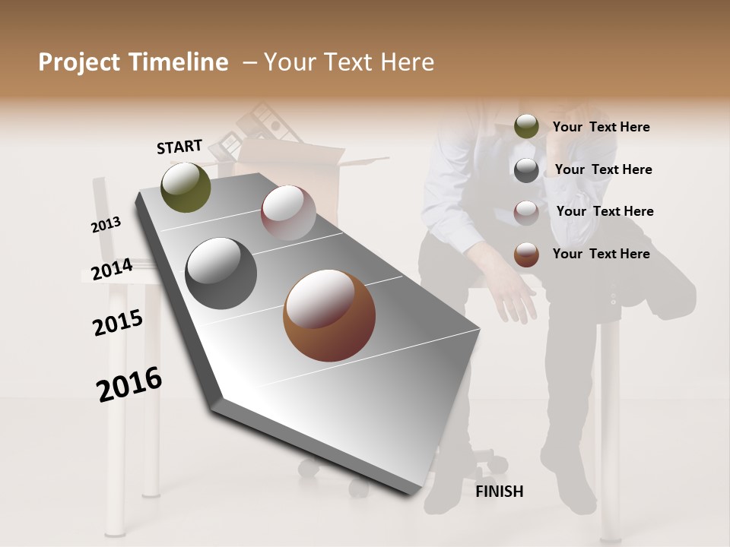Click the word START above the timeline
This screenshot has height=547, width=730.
tap(179, 147)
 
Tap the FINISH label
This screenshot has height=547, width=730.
tap(499, 492)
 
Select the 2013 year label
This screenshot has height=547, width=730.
tap(106, 224)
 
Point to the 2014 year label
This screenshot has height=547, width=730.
tap(112, 270)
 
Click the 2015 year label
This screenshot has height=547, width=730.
tap(118, 323)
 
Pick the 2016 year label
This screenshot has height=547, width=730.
tap(129, 384)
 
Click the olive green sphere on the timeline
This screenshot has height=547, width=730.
tap(186, 187)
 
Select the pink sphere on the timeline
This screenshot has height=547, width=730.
tap(288, 213)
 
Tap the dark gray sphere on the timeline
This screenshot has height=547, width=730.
tap(221, 273)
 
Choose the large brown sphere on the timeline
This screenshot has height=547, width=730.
tap(329, 315)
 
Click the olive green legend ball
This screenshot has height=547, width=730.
tap(526, 127)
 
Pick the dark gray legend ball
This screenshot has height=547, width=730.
tap(526, 170)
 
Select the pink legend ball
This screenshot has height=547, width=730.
tap(526, 213)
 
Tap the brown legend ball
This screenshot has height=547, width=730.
tap(526, 255)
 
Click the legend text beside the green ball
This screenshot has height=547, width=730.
tap(601, 127)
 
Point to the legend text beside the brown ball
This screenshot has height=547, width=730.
tap(601, 254)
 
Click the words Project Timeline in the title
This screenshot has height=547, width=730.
tap(133, 62)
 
